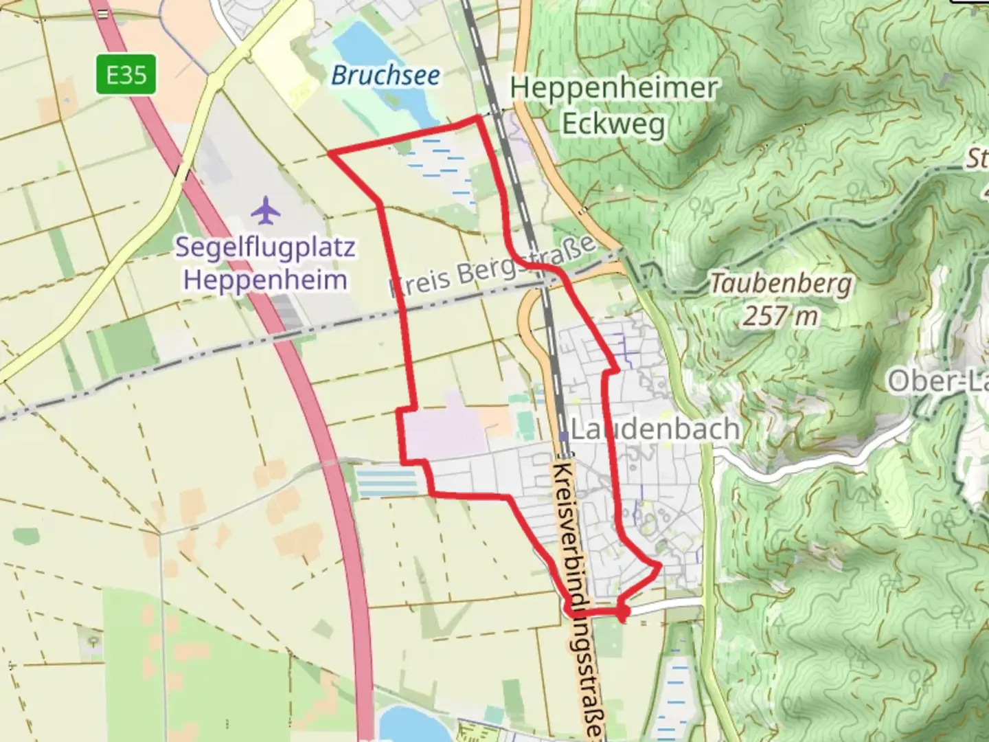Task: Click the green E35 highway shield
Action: pyautogui.click(x=126, y=74)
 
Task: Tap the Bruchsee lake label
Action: pyautogui.click(x=385, y=75)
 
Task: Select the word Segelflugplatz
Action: pyautogui.click(x=265, y=247)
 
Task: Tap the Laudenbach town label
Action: pyautogui.click(x=655, y=429)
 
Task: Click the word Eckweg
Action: pyautogui.click(x=613, y=124)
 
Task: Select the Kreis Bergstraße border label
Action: pyautogui.click(x=492, y=268)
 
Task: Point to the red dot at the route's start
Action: pyautogui.click(x=622, y=611)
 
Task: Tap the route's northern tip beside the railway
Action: pyautogui.click(x=479, y=118)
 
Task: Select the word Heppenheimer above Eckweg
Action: pyautogui.click(x=614, y=89)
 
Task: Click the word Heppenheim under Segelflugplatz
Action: pyautogui.click(x=265, y=280)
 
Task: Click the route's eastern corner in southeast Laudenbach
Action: pyautogui.click(x=660, y=566)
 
